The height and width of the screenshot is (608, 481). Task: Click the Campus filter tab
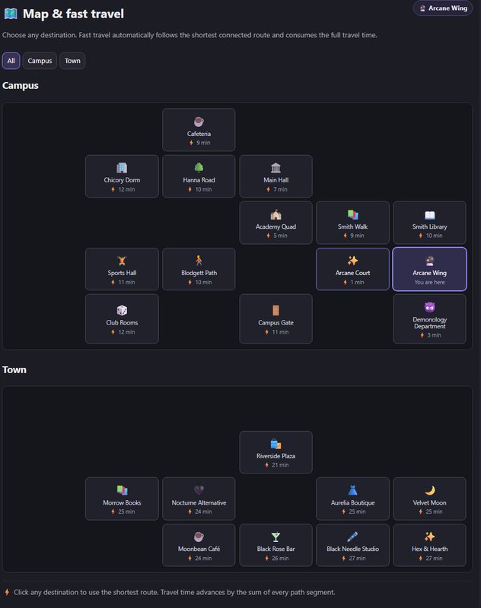pos(40,61)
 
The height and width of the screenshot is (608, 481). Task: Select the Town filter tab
pos(72,61)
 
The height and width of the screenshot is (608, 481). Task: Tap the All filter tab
pos(11,61)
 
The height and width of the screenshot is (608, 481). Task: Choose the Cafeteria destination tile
pos(199,129)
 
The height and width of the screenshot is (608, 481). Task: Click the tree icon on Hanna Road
pos(199,167)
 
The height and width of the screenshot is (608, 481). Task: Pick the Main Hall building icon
pos(276,167)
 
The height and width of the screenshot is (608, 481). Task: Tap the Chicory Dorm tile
pos(122,176)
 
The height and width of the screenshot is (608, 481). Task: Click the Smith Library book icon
pos(430,215)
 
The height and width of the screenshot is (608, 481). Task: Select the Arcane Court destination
pos(352,269)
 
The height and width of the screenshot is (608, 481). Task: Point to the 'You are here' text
pos(430,282)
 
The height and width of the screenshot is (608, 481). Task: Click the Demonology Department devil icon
pos(430,307)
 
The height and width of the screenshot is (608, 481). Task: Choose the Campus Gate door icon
pos(276,310)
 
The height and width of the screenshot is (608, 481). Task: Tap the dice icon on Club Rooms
pos(122,310)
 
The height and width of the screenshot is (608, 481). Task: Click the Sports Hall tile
pos(122,269)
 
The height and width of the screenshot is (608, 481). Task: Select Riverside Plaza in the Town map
pos(276,452)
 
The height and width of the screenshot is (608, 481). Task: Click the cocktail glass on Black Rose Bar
pos(276,537)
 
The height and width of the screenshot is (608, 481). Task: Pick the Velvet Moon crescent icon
pos(430,490)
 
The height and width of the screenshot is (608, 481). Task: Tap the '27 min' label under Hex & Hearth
pos(434,559)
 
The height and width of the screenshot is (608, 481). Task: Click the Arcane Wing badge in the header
pos(443,8)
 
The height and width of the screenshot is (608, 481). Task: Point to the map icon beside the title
pos(11,14)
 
